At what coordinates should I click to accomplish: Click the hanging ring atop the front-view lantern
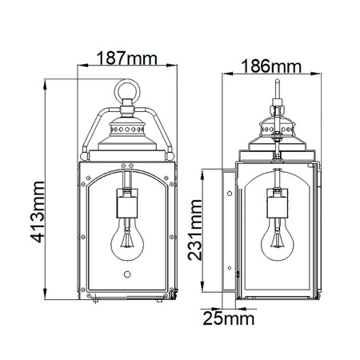(126, 90)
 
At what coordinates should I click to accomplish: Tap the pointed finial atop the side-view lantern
(278, 86)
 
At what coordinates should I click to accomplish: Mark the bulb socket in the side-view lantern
(278, 203)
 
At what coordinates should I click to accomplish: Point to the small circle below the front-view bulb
(126, 274)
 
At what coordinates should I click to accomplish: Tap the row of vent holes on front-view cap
(126, 127)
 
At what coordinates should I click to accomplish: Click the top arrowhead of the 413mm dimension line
(46, 81)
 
